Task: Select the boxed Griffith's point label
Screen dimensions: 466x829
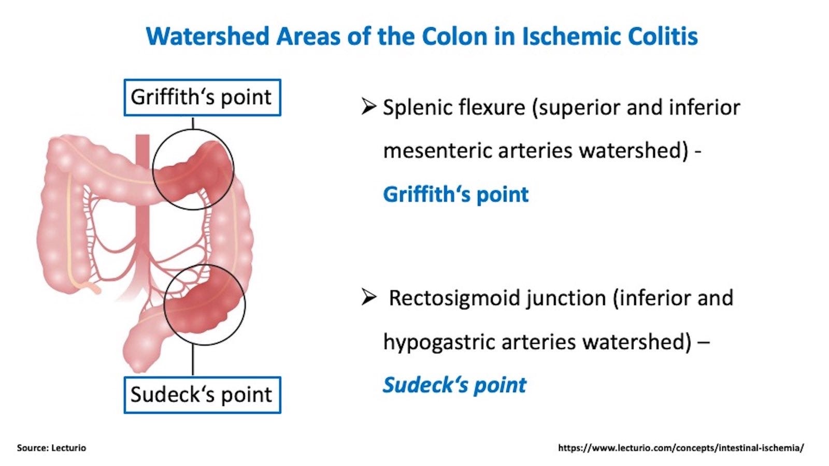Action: click(202, 97)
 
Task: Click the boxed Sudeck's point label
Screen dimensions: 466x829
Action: click(202, 395)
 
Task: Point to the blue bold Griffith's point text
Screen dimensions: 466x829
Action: click(455, 195)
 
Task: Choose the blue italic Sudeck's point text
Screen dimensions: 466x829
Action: click(454, 385)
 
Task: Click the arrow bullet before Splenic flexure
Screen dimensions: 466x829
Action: click(368, 107)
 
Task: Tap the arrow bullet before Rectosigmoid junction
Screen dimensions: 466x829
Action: click(368, 298)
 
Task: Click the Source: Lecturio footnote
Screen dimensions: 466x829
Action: click(51, 448)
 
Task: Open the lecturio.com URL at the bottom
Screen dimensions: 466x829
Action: click(681, 448)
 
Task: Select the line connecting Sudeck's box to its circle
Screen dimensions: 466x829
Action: click(193, 360)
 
